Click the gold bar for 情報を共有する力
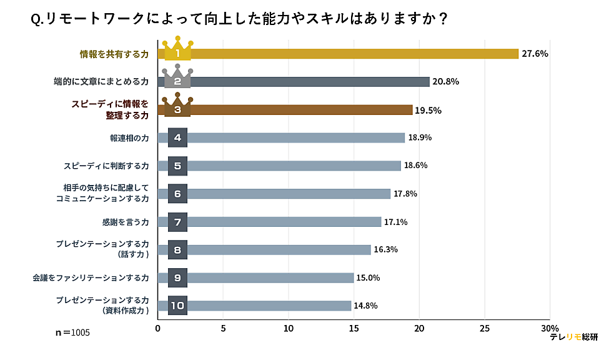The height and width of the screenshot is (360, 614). [350, 54]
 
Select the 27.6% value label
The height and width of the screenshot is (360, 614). [535, 54]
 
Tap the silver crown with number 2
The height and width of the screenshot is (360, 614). [177, 79]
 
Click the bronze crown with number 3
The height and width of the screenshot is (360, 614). [177, 107]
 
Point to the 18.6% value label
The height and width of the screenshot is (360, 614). [417, 166]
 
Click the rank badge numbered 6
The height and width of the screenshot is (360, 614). [177, 194]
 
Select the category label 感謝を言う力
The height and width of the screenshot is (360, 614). [125, 222]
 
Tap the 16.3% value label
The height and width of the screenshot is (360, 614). [385, 249]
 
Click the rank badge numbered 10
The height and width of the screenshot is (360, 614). [177, 306]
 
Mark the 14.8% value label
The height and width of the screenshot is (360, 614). [365, 306]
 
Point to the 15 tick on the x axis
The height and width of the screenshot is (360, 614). [354, 328]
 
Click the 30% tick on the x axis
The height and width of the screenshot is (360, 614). [550, 328]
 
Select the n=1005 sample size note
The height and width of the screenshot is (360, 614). [73, 332]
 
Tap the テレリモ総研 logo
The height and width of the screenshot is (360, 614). [573, 337]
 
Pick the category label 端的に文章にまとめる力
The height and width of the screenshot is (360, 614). [101, 82]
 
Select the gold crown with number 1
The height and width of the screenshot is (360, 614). [177, 51]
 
